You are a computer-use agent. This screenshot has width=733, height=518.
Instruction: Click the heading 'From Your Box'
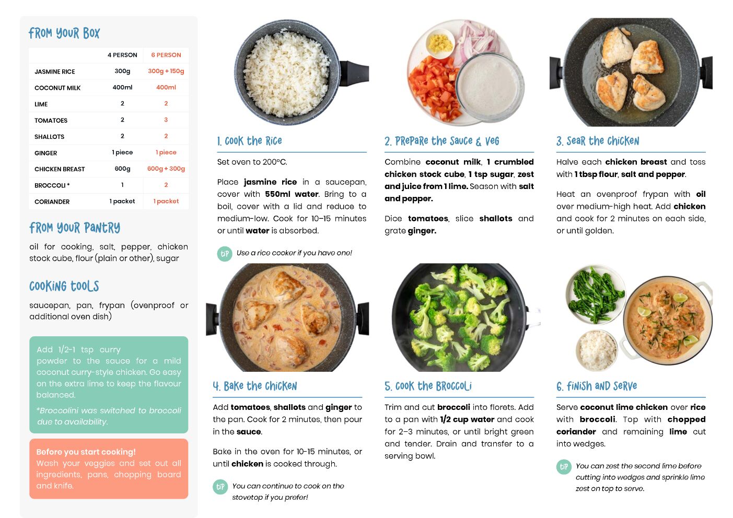pos(64,33)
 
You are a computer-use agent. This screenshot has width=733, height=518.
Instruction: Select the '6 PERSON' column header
pos(166,55)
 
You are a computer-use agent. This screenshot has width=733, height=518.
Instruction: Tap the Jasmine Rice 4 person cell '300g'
pos(122,71)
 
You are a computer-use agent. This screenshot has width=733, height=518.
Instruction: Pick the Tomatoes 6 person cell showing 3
pos(166,120)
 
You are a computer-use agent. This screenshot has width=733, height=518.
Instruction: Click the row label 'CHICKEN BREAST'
pos(60,169)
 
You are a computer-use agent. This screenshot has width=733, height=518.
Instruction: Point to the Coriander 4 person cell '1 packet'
pos(122,201)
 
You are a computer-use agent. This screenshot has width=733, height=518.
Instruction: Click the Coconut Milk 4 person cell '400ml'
pos(122,87)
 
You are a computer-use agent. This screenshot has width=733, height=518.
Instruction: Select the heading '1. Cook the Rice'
pos(249,141)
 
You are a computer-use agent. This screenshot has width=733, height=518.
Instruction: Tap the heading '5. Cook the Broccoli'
pos(428,386)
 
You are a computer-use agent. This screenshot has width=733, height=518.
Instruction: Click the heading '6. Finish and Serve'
pos(597,386)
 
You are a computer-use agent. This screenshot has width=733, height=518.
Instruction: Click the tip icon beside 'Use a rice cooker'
pos(225,254)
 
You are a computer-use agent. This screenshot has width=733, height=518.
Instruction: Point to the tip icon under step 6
pos(564,467)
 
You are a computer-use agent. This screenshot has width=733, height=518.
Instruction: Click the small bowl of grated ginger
pos(440,43)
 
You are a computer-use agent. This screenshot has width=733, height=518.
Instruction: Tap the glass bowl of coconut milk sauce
pos(490,87)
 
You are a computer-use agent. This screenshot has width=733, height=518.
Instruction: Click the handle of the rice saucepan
pos(354,73)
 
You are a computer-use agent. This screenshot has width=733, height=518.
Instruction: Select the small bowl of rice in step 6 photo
pos(597,350)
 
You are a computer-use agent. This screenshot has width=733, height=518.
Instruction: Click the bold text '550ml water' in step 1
pos(292,194)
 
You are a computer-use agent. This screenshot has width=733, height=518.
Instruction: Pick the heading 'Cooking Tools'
pos(64,286)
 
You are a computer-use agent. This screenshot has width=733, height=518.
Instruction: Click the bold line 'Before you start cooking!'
pos(86,452)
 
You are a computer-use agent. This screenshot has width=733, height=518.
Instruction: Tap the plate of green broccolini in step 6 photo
pos(596,295)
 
